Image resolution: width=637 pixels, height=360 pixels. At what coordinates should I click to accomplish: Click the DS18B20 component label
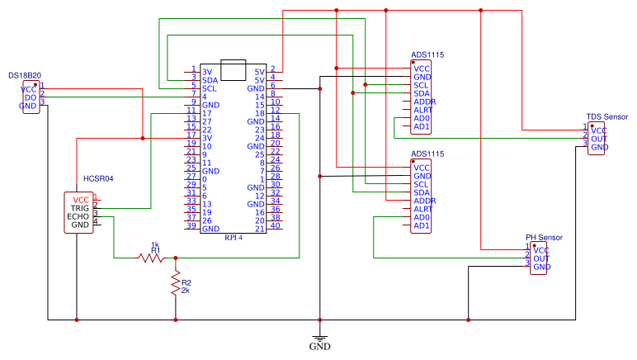click(26, 75)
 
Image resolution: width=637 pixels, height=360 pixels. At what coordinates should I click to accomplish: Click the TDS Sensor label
click(607, 118)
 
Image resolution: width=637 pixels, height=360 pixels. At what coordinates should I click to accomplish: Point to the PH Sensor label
click(544, 238)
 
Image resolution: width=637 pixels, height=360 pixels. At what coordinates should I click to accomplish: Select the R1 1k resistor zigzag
click(153, 258)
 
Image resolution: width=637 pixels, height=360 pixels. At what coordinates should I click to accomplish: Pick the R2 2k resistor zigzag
click(175, 283)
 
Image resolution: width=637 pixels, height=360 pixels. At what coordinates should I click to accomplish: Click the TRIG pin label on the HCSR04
click(80, 208)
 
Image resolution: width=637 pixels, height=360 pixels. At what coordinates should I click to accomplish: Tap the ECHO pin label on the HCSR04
click(80, 216)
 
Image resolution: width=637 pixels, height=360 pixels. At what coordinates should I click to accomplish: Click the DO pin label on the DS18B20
click(30, 97)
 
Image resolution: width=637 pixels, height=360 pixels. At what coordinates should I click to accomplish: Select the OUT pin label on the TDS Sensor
click(599, 139)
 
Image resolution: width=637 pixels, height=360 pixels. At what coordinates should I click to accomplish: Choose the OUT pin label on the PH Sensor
click(541, 258)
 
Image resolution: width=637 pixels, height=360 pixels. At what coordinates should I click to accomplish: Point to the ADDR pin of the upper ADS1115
click(424, 102)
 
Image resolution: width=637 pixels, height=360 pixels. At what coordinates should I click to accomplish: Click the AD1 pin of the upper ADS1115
click(422, 126)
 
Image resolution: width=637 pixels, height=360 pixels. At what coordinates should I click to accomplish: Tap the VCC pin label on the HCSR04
click(81, 200)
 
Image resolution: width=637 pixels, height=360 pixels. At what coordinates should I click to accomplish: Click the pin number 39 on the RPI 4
click(191, 227)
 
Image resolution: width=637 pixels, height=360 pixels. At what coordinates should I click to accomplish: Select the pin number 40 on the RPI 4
click(276, 225)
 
